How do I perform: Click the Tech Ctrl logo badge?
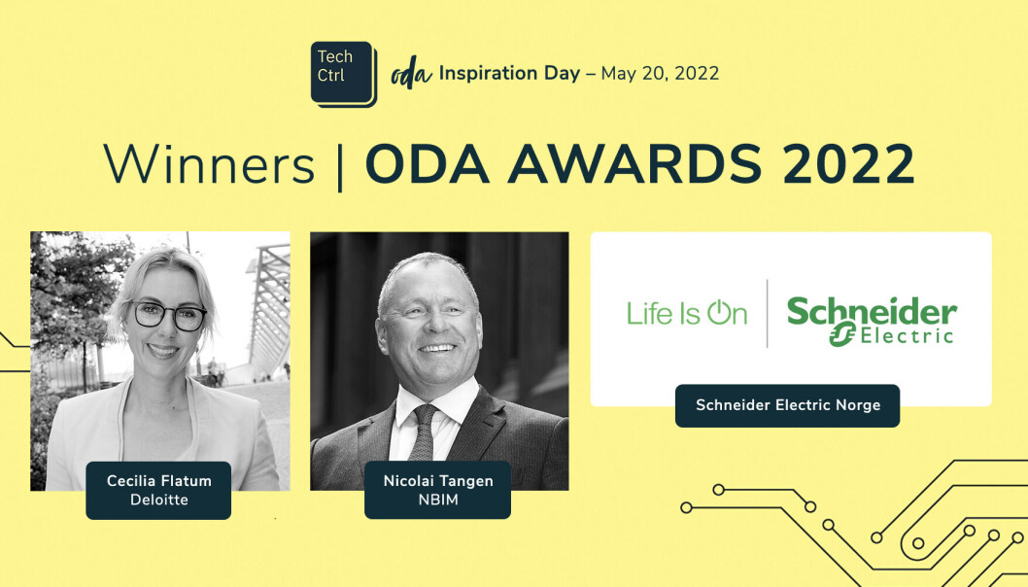click(x=344, y=74)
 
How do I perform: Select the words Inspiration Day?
click(x=509, y=73)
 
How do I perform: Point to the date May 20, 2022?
click(x=660, y=74)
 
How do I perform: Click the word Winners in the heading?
click(x=209, y=164)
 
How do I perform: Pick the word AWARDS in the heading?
click(x=634, y=163)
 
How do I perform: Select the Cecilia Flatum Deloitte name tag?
click(x=158, y=490)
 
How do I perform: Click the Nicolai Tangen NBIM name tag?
click(x=438, y=490)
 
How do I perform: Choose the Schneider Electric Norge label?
click(x=787, y=405)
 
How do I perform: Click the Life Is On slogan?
click(x=686, y=313)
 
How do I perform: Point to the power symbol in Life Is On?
click(x=719, y=312)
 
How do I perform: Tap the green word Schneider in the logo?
click(x=872, y=311)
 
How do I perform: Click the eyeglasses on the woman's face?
click(x=169, y=316)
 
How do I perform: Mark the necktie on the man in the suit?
click(x=424, y=432)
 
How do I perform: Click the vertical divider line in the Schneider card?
click(x=767, y=314)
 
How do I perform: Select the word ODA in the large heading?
click(x=427, y=163)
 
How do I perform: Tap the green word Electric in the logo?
click(x=907, y=336)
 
